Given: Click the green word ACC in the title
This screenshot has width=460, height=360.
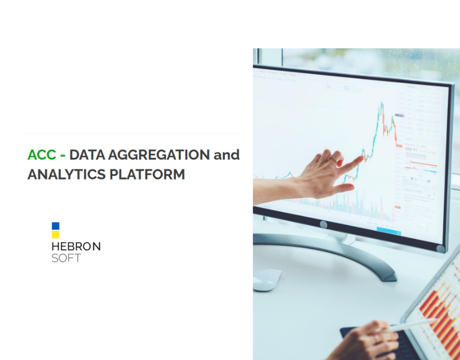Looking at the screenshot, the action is [41, 155].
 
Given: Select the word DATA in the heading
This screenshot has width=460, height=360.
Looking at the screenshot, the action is [87, 155].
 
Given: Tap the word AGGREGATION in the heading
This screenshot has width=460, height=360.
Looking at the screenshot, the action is [159, 155].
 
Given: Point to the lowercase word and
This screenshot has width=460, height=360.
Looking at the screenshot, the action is [226, 154].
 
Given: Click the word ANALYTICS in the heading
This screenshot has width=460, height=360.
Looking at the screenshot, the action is [66, 175].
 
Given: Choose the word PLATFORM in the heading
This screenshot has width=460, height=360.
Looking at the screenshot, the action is [147, 175].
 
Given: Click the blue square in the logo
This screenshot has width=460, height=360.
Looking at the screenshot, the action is [55, 226].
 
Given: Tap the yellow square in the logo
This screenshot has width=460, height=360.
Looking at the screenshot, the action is [55, 235].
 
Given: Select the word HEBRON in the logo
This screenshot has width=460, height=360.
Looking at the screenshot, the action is [76, 247].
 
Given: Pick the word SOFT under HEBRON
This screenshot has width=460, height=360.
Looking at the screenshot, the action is [66, 258].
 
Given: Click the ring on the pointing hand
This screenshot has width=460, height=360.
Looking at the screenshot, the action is [333, 160].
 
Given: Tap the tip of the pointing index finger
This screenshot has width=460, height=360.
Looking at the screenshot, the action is [362, 158].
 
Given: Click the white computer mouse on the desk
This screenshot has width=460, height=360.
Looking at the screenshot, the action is [267, 280].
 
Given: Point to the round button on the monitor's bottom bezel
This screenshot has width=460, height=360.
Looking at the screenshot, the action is [323, 225].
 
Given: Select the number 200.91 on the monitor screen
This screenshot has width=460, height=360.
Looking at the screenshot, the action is [411, 149].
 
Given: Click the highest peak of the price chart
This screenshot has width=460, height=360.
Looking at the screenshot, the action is [382, 103].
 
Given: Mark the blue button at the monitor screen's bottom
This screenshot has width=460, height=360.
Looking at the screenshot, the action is [389, 231].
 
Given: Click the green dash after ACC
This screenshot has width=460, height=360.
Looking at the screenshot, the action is [62, 155].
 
